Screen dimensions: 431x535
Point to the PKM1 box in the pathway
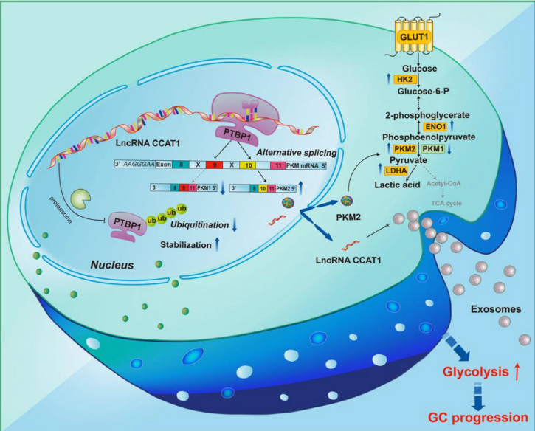pyautogui.click(x=438, y=149)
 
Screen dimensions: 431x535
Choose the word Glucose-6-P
pyautogui.click(x=428, y=92)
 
